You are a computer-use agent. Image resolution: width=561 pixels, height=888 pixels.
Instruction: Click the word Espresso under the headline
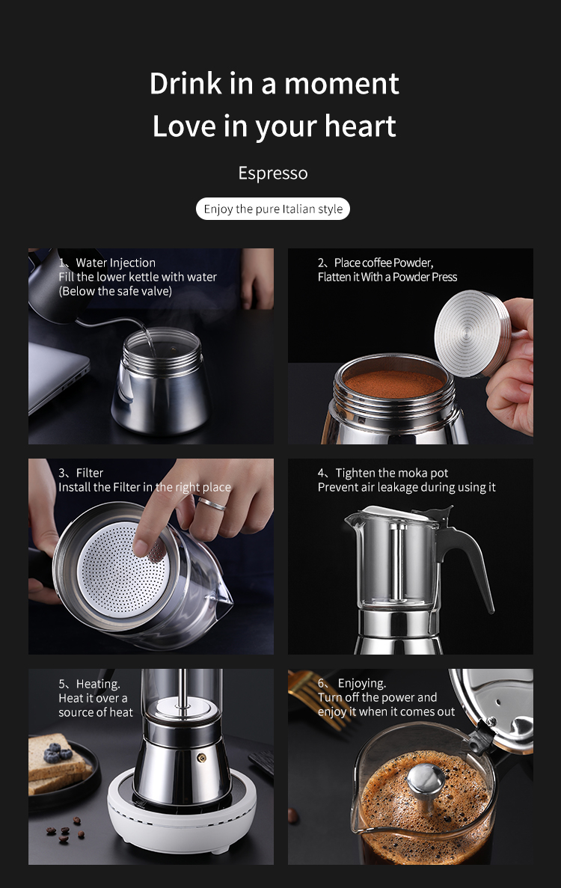coord(273,173)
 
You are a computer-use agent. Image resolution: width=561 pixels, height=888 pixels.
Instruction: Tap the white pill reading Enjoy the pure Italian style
coord(273,209)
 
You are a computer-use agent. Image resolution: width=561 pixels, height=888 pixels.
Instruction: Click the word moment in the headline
coord(341,83)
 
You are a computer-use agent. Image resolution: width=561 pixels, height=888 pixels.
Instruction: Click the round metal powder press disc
coord(470,334)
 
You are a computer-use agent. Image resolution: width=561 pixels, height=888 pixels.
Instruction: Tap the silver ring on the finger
coord(212,503)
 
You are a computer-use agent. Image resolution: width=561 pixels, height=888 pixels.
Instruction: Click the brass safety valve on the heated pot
coord(201,758)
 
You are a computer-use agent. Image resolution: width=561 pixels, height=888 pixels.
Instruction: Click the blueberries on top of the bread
coord(58,754)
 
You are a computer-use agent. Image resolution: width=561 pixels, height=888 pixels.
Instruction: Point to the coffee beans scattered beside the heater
coord(66,828)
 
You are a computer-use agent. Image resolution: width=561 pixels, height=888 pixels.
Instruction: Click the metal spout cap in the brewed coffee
coord(425,780)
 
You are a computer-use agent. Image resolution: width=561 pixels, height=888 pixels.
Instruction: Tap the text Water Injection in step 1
coord(115,263)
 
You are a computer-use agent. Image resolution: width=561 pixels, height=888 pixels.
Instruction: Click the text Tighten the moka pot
coord(392,473)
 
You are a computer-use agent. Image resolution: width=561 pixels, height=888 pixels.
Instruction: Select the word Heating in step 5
coord(98,684)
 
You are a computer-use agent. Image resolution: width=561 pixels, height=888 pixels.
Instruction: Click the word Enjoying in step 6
coord(362,684)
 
